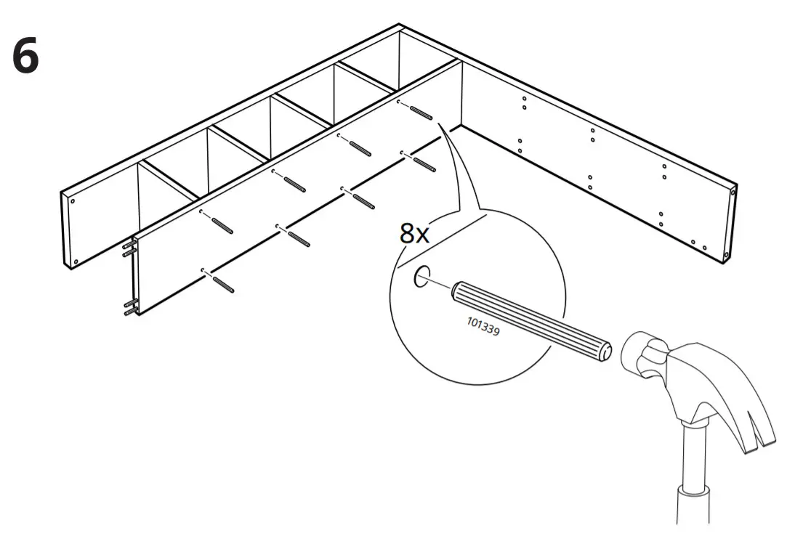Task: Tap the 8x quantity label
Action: pos(414,234)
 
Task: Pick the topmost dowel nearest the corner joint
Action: pos(421,112)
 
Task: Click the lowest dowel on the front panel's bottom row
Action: pos(223,283)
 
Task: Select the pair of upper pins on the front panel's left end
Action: pos(128,250)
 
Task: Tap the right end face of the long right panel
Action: pos(733,222)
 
